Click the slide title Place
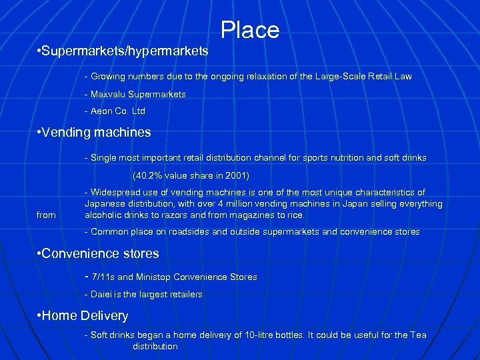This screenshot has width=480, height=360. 250,30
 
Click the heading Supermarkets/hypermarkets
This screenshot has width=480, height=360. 125,51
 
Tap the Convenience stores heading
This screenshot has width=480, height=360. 99,254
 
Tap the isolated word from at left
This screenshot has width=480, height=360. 47,215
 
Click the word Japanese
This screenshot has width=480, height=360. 103,204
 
